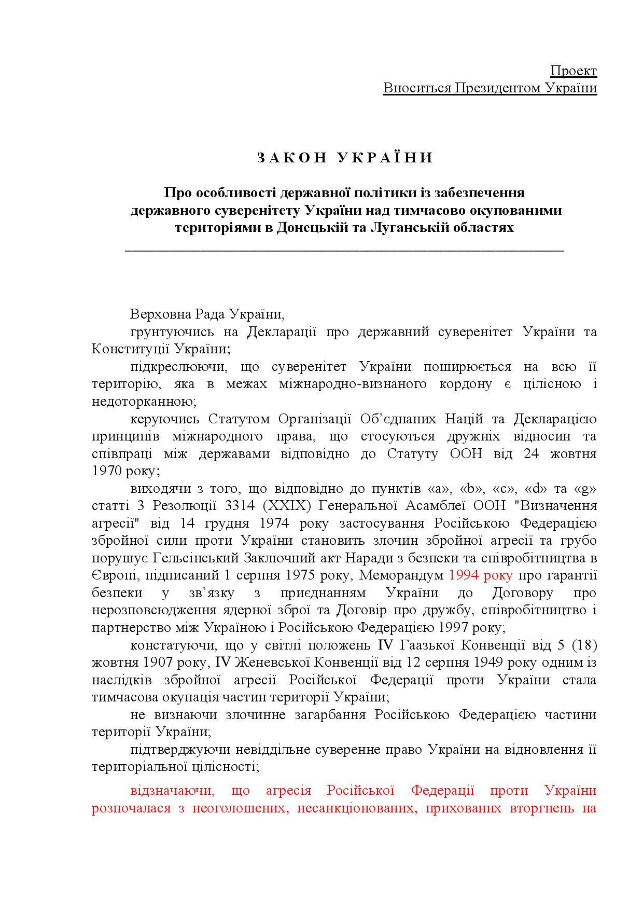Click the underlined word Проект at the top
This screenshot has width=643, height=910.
(573, 71)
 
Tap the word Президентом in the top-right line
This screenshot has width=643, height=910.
(497, 88)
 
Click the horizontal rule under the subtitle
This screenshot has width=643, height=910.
(344, 251)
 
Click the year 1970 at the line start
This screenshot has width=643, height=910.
(107, 471)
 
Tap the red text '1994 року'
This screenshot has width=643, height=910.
(481, 575)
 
